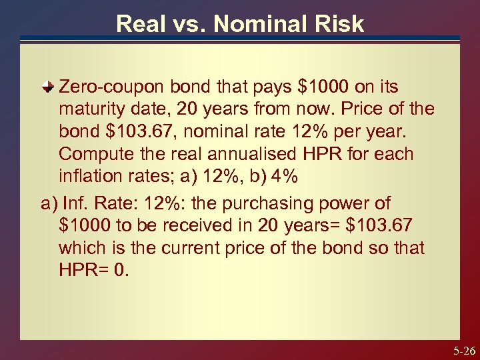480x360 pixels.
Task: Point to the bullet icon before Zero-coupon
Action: [49, 87]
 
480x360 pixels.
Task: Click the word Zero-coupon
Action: [111, 87]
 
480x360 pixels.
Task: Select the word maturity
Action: [94, 108]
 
